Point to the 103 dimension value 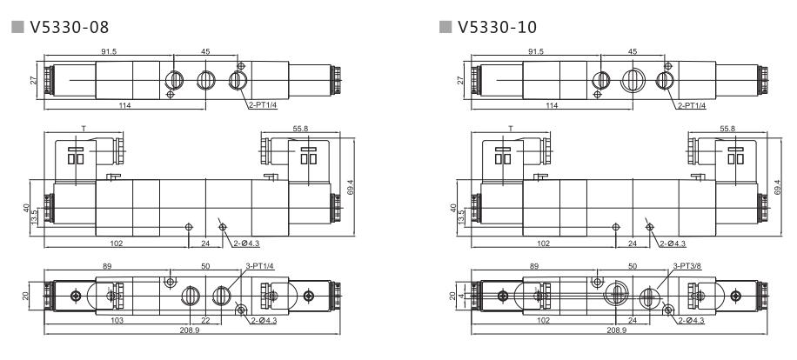point(117,321)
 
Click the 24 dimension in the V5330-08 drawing point(205,244)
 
